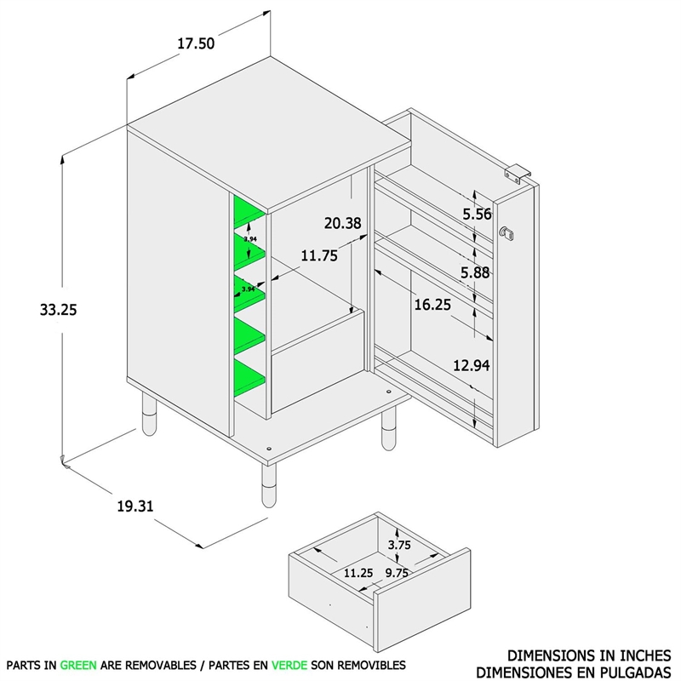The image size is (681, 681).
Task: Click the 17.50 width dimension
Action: (x=196, y=45)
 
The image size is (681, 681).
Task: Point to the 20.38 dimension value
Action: (x=342, y=224)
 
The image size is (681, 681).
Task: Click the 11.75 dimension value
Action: (x=319, y=255)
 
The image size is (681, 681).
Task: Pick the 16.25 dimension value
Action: (x=434, y=305)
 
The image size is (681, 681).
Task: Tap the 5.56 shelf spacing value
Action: (x=478, y=215)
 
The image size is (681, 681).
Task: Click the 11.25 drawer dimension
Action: (x=358, y=573)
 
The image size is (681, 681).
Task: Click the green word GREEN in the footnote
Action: (x=77, y=664)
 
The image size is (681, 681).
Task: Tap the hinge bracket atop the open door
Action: (x=518, y=172)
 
